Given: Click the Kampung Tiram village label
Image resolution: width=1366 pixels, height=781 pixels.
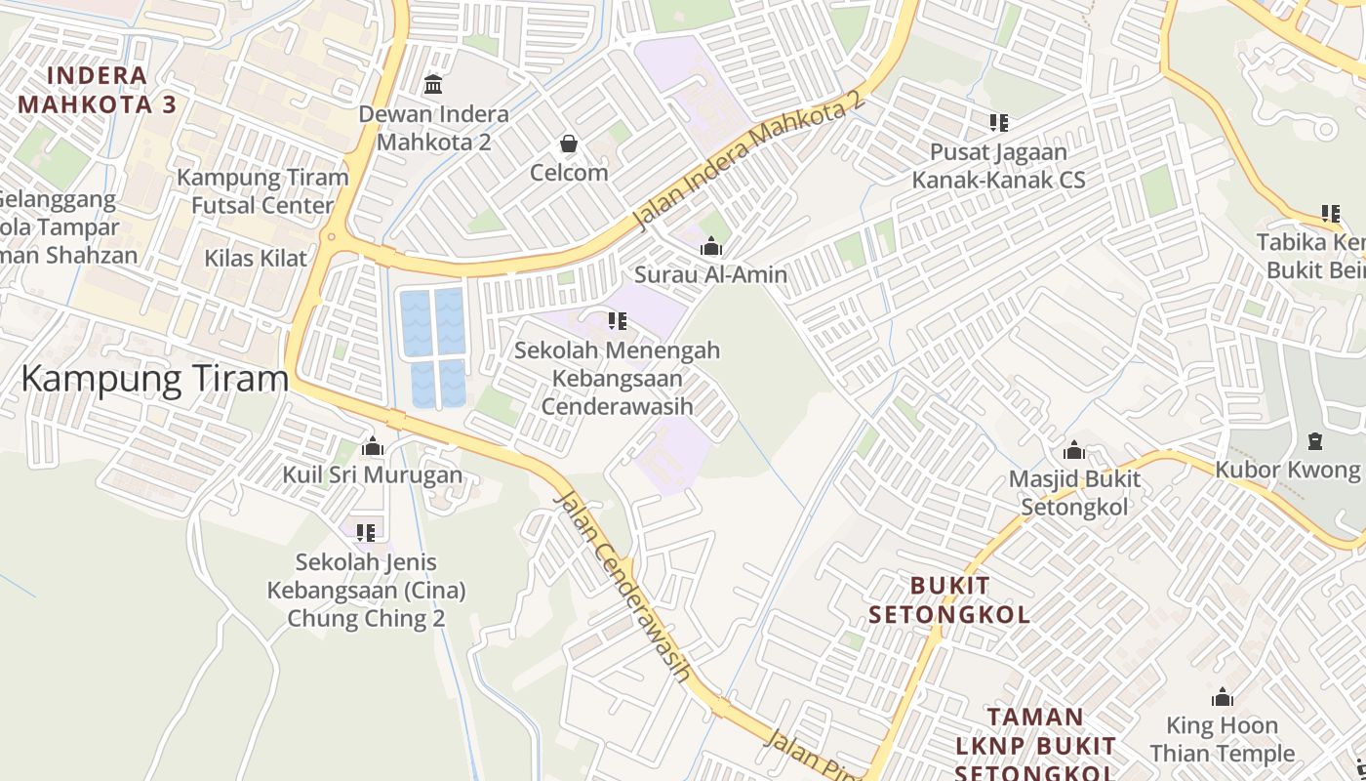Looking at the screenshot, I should (x=154, y=378).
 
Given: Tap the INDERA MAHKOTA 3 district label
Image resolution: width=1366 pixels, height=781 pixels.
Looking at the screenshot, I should (x=97, y=90).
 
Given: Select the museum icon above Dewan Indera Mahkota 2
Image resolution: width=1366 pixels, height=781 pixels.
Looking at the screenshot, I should (x=433, y=85).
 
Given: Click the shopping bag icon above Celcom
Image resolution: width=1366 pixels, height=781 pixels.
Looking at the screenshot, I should (x=569, y=144).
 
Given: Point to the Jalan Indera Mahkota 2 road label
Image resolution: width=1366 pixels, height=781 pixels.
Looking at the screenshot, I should (x=749, y=161).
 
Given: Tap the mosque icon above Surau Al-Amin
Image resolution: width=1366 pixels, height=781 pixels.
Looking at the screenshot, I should (x=711, y=246).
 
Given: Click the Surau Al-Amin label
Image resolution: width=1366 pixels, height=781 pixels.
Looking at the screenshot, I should (x=710, y=274).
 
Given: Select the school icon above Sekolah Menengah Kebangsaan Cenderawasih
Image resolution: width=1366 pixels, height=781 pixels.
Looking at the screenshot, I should (x=617, y=320).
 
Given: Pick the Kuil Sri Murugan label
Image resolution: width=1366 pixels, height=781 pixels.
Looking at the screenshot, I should (x=373, y=475).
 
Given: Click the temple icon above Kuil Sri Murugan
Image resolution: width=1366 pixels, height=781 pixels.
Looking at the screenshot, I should (x=373, y=447).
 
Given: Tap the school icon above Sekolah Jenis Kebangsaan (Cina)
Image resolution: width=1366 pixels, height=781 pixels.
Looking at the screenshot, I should (x=366, y=533).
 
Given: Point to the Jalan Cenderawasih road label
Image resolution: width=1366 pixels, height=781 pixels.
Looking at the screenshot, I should (x=623, y=586).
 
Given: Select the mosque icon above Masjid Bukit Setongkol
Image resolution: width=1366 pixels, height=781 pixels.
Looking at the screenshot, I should (x=1074, y=450).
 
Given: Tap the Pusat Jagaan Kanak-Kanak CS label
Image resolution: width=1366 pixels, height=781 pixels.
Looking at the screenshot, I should (x=998, y=166).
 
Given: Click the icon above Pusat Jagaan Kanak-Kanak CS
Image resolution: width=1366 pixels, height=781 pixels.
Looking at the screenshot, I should (x=998, y=123).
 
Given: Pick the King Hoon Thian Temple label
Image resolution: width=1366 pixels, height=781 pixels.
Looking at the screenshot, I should (x=1222, y=739).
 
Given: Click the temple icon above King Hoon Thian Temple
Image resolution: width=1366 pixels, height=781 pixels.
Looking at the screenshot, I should (x=1222, y=698).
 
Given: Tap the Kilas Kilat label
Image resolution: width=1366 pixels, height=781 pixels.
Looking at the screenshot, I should (x=256, y=259).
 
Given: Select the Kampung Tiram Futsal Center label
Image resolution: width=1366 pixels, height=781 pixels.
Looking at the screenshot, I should (x=262, y=191).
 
